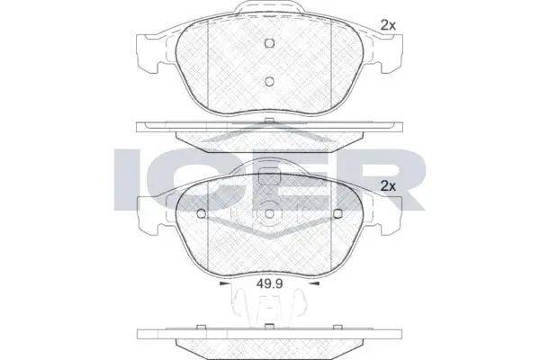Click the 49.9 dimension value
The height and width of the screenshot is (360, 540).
tap(270, 283)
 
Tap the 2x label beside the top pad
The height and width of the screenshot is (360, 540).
tap(388, 25)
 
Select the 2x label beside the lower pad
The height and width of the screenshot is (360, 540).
tap(388, 186)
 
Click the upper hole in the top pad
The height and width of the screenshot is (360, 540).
tap(270, 43)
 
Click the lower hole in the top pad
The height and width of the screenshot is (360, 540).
tap(270, 81)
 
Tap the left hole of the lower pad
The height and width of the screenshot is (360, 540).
tap(201, 214)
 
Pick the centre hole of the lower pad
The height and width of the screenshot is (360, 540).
tap(270, 214)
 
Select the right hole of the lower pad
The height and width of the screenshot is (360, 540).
tap(337, 214)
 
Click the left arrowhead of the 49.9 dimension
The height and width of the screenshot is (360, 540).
tap(224, 283)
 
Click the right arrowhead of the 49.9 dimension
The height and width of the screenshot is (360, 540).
tap(315, 283)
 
